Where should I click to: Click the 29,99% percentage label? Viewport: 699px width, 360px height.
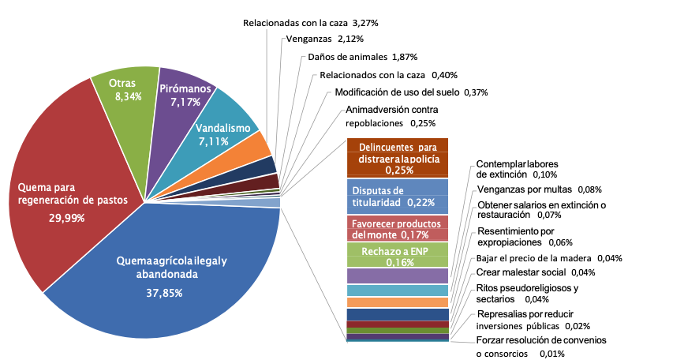[66, 218]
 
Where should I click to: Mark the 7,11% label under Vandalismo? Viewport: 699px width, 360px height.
[215, 142]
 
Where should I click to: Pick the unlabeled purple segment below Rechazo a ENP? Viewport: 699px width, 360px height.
[398, 276]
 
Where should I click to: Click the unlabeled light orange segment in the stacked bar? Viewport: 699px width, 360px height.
[398, 302]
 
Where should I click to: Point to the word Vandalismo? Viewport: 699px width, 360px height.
[223, 128]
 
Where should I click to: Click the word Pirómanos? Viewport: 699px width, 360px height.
[185, 89]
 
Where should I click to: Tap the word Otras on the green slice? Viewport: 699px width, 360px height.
[121, 83]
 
